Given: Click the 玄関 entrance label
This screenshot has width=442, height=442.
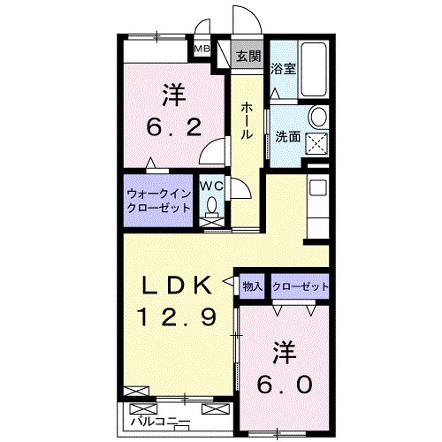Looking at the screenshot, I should point(249,57).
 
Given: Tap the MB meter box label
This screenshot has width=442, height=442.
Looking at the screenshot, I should point(202,50).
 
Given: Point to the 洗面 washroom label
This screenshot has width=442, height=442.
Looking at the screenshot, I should point(287,137).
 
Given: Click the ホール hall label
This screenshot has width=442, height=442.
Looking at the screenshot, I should point(248,118).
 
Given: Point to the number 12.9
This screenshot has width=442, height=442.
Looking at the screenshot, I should point(178,316).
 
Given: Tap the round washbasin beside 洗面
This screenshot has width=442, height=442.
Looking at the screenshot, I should point(319,118).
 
